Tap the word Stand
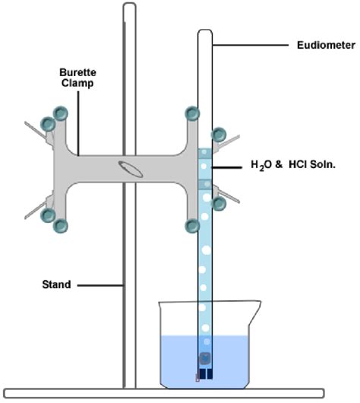[56, 285]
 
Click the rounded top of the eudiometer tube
[205, 33]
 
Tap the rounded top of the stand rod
[130, 7]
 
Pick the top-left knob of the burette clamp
[60, 113]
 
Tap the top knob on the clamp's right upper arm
[191, 114]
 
